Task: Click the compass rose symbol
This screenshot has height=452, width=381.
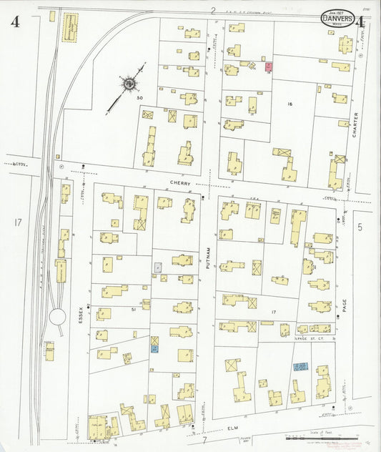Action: point(129,84)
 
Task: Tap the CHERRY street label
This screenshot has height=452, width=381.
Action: point(184,182)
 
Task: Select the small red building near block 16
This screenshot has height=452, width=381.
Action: point(267,67)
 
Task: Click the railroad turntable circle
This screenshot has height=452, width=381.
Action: point(56,318)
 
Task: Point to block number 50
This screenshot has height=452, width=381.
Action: point(140,97)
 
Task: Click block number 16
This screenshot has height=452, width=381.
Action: point(290,104)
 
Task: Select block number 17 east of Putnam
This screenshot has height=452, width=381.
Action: point(274,313)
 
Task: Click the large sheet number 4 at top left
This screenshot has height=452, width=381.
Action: point(14,21)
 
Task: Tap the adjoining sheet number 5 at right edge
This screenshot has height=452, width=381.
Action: point(361,227)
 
